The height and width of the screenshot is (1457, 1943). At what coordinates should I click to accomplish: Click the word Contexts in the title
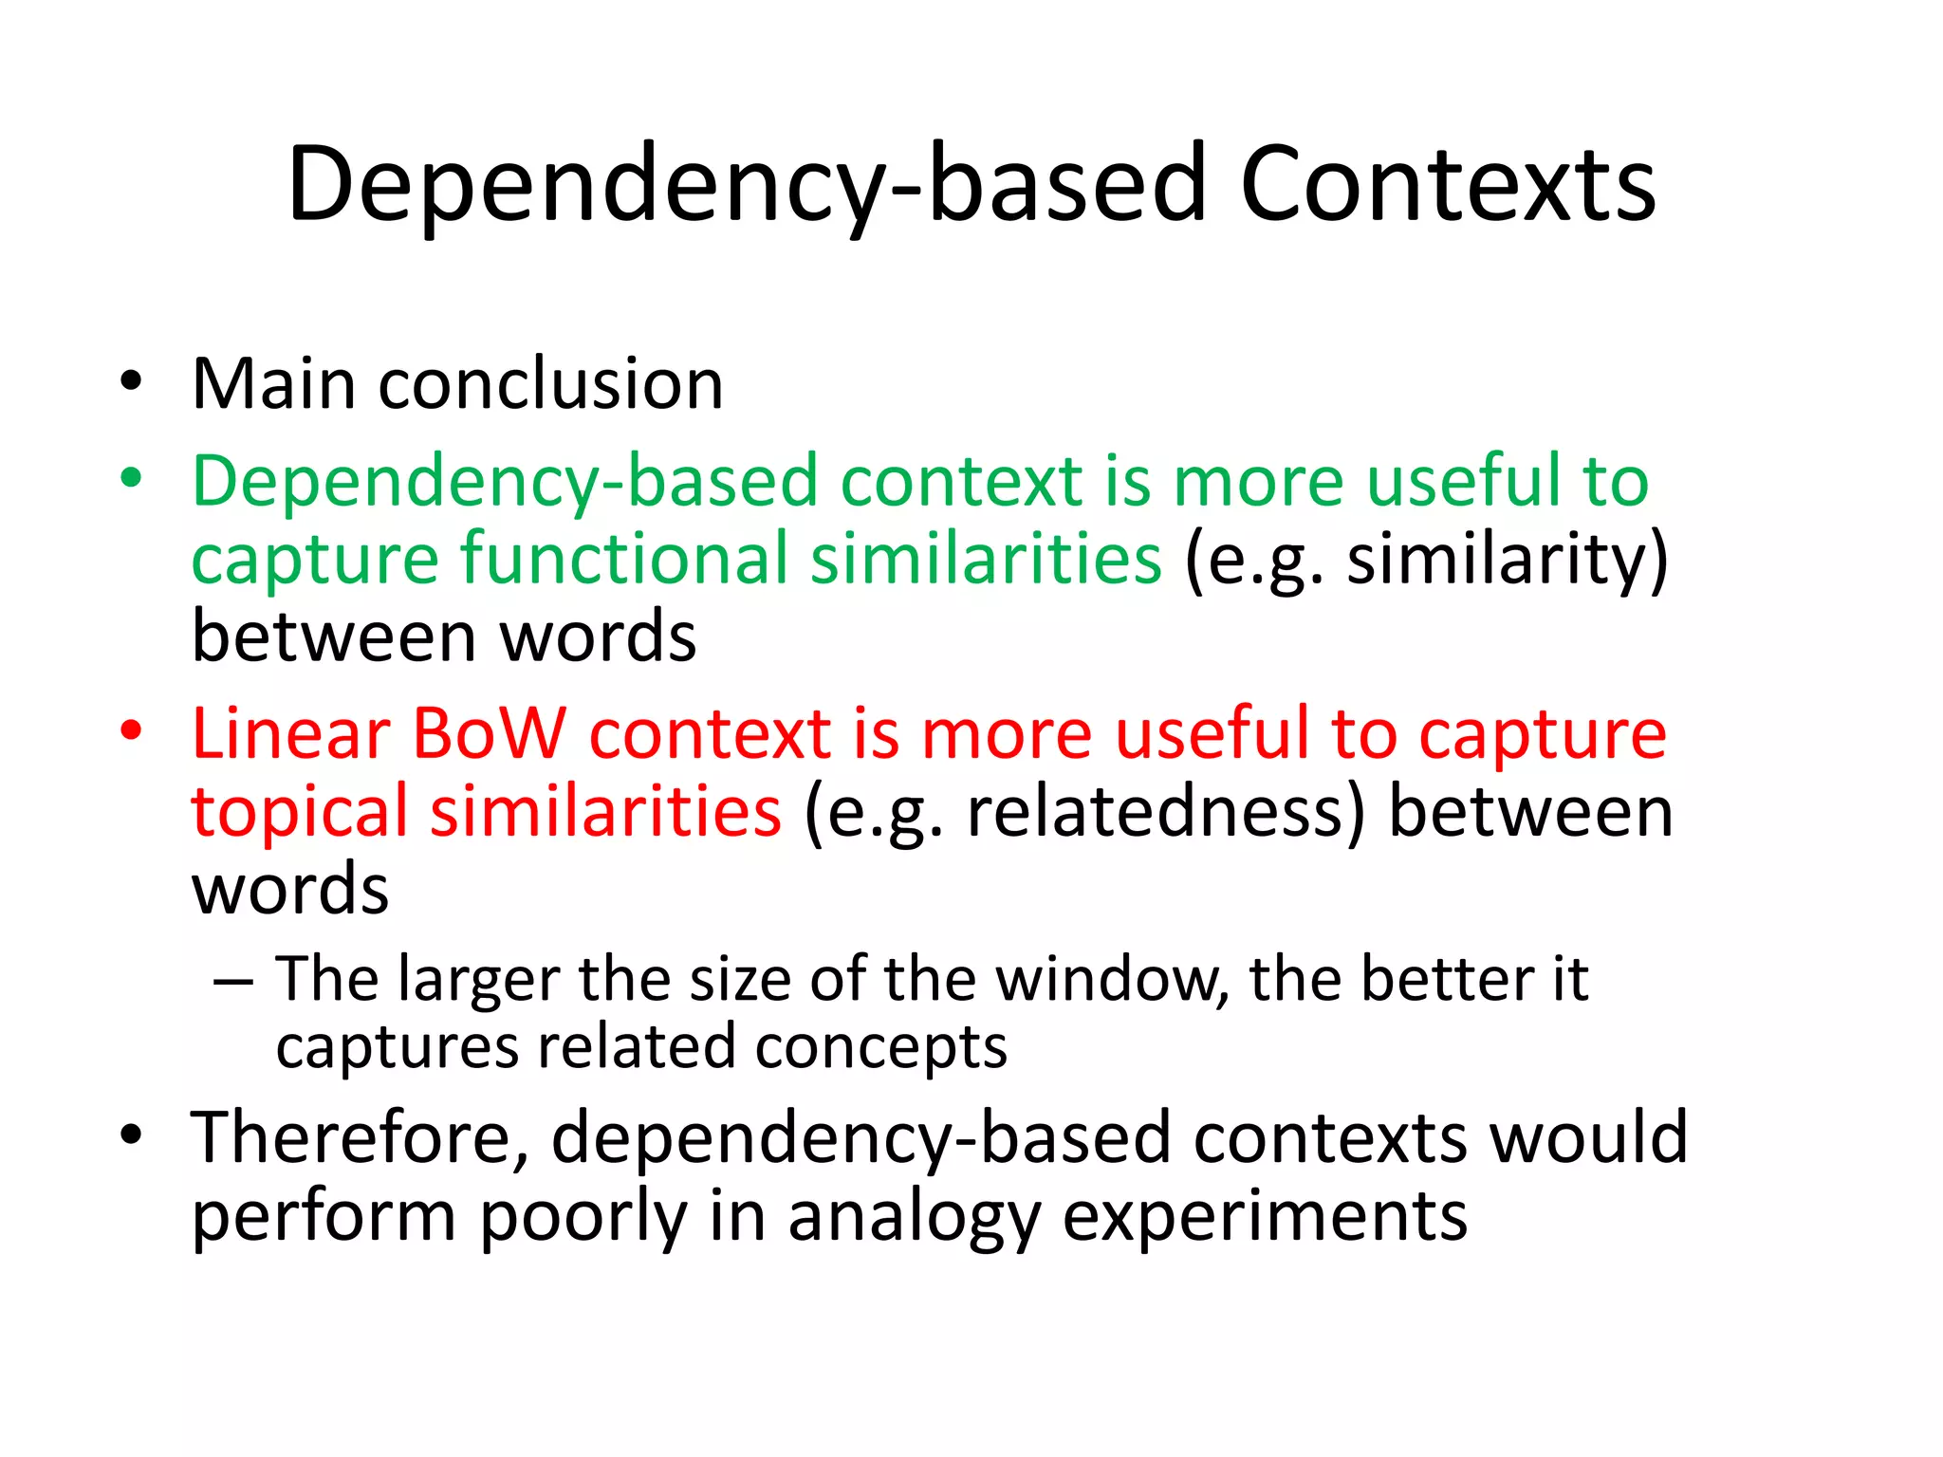(x=1448, y=185)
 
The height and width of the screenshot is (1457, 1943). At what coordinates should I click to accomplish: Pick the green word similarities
(x=986, y=558)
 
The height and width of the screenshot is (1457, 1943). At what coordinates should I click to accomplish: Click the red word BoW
(x=488, y=735)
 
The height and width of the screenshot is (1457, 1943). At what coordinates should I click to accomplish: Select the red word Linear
(x=290, y=735)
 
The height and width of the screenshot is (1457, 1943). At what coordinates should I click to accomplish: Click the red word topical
(x=299, y=812)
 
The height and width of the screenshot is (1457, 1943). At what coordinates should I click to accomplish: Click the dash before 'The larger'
(x=233, y=981)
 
